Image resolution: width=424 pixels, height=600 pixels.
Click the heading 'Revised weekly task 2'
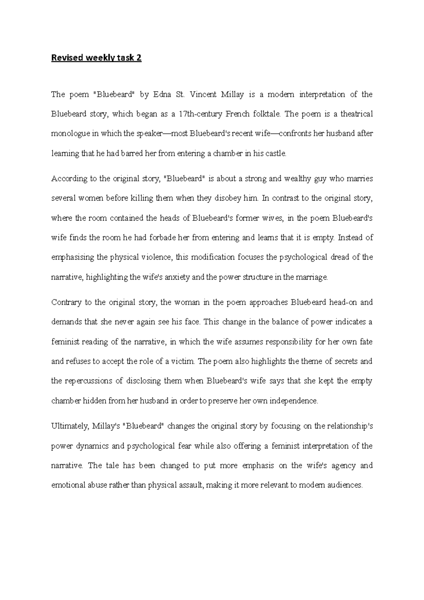coord(96,58)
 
